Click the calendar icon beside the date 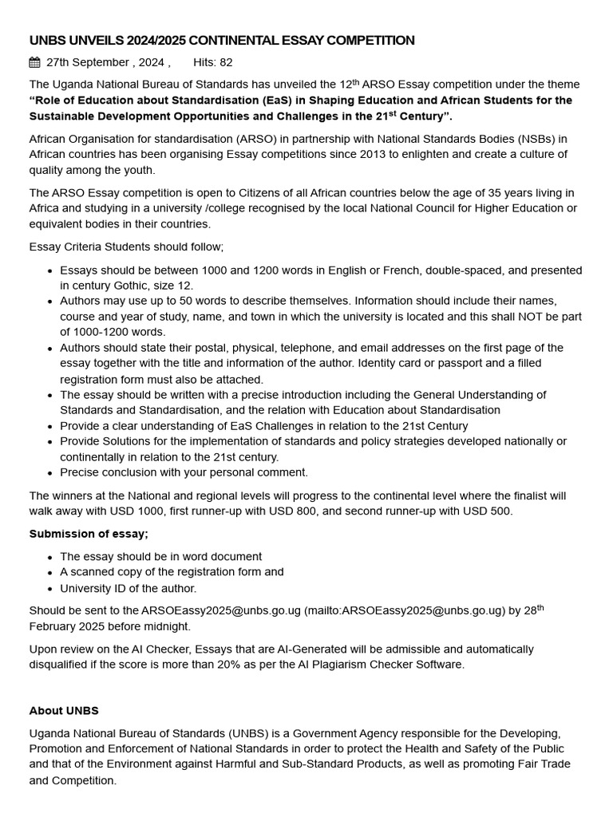[x=35, y=62]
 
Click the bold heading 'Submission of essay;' [x=89, y=534]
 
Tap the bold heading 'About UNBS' [x=64, y=710]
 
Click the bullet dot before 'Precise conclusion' [x=50, y=473]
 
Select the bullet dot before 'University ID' [x=50, y=589]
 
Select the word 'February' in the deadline [x=54, y=627]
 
